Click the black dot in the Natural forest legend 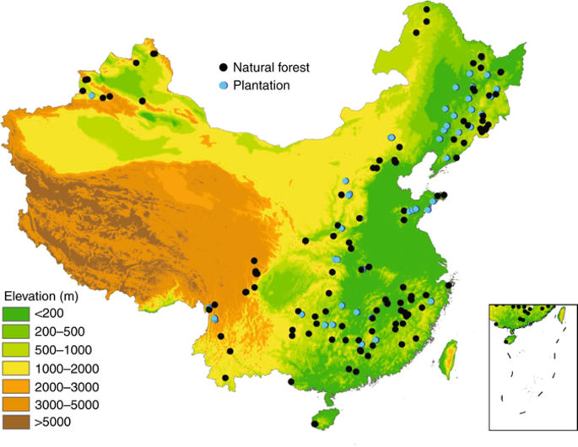coord(223,66)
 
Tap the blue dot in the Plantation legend coord(223,85)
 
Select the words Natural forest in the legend coord(267,66)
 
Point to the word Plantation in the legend coord(262,85)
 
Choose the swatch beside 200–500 coord(16,331)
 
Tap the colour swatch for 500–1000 coord(16,349)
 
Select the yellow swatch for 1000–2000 coord(16,368)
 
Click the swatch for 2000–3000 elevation coord(16,386)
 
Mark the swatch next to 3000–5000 coord(16,404)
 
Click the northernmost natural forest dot coord(427,9)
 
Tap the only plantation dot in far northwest coord(91,95)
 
